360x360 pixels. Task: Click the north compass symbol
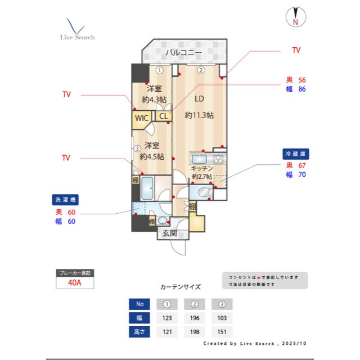(295, 17)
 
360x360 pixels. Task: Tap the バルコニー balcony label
(183, 53)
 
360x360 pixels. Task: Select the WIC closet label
(141, 119)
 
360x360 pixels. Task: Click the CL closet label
(163, 116)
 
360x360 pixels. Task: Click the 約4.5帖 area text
(152, 157)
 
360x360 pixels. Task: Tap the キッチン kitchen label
(202, 168)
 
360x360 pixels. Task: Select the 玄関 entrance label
(170, 233)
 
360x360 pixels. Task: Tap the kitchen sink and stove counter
(208, 158)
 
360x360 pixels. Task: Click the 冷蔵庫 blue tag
(296, 153)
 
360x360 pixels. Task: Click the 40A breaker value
(74, 283)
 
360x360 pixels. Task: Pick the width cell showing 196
(194, 318)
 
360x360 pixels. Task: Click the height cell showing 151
(222, 332)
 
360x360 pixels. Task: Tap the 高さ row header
(139, 332)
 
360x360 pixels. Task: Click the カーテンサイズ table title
(180, 287)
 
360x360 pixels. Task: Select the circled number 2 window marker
(200, 70)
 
